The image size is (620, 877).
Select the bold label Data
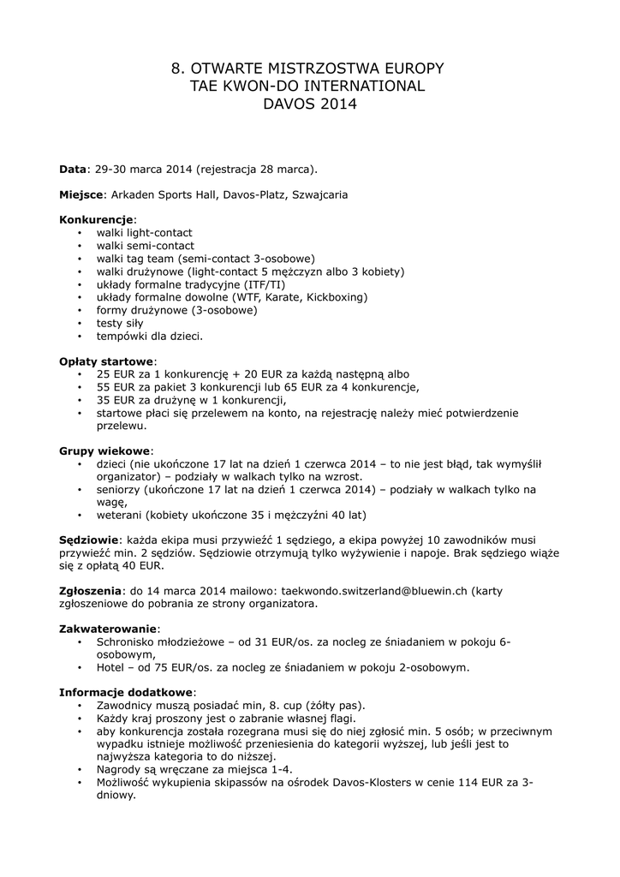tap(72, 169)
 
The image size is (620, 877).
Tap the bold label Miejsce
tap(81, 194)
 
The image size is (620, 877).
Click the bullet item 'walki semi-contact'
tap(145, 246)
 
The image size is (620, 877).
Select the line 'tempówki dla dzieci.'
tap(150, 336)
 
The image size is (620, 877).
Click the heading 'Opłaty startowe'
tap(105, 361)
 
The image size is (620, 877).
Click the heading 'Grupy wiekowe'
tap(104, 450)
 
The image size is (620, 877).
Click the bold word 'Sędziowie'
tap(88, 540)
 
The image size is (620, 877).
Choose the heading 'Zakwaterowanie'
tap(107, 629)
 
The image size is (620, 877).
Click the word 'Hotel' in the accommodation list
tap(112, 667)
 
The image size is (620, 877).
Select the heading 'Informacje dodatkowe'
tap(126, 692)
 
